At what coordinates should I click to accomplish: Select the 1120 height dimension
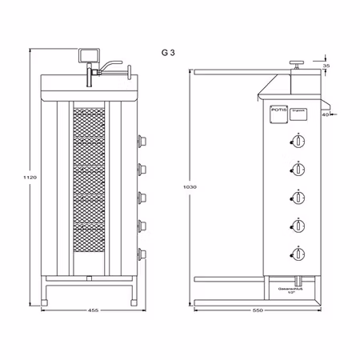point(31,175)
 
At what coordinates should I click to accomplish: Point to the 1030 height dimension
point(190,186)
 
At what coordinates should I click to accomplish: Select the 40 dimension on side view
point(326,115)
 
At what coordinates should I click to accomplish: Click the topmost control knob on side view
point(298,142)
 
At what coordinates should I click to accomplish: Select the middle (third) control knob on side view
point(298,198)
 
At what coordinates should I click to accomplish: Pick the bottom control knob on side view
point(298,254)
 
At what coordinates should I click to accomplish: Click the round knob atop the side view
point(295,62)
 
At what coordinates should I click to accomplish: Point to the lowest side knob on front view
point(142,254)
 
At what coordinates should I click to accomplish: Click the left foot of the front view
point(46,302)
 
